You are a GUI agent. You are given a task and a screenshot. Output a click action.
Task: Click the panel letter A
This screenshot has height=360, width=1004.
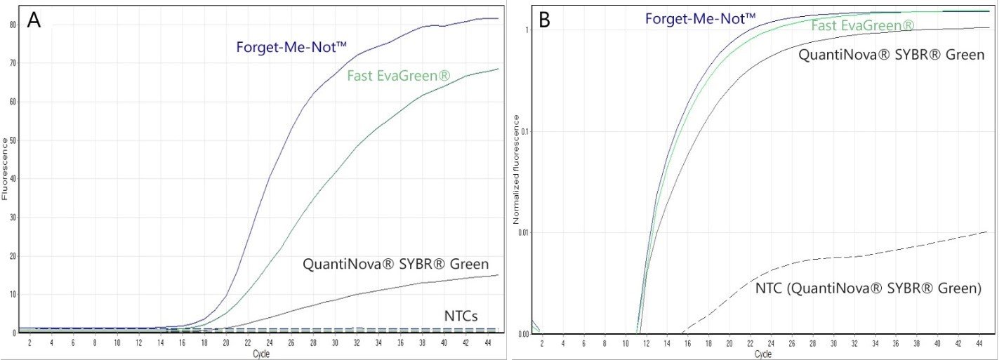coord(34,21)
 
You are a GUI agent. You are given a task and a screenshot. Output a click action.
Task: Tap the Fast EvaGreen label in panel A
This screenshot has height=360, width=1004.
coord(397,74)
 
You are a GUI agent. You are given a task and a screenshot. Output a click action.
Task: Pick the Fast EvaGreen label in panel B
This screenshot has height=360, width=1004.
coord(863,27)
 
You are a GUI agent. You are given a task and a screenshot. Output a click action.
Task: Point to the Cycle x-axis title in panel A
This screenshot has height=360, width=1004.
coord(260,354)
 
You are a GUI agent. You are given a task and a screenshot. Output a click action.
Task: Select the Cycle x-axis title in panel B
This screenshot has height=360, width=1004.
coord(763,354)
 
